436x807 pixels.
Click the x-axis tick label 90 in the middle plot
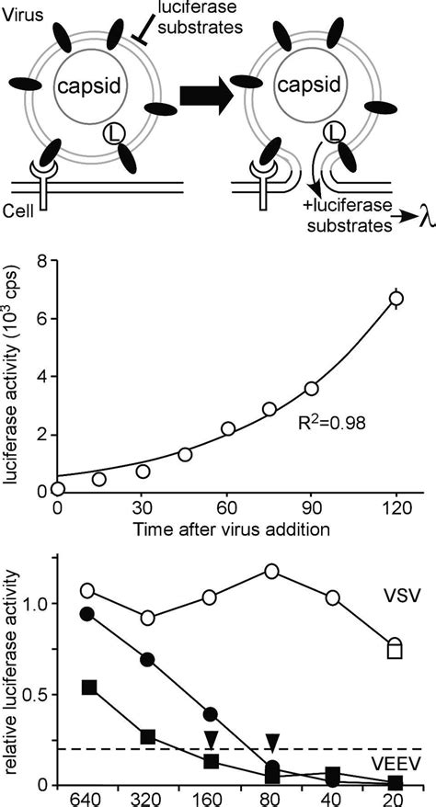pos(312,508)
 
